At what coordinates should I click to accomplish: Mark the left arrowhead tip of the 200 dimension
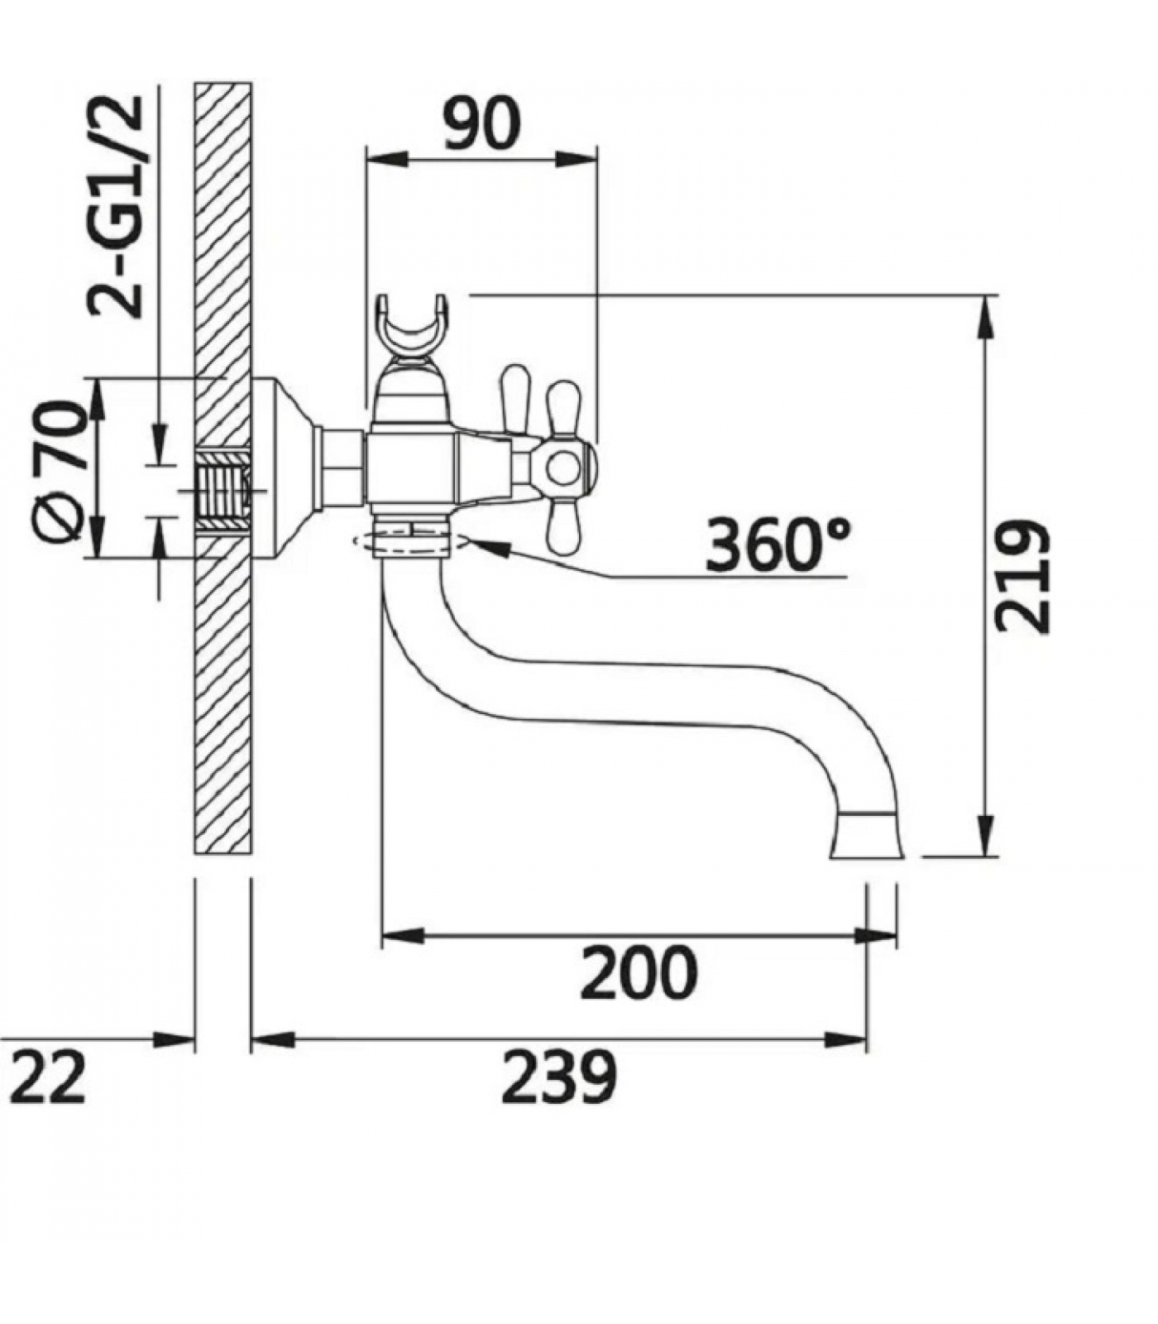pyautogui.click(x=382, y=936)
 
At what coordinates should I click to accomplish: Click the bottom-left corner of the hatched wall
pyautogui.click(x=195, y=853)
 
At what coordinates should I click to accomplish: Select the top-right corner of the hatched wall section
pyautogui.click(x=251, y=83)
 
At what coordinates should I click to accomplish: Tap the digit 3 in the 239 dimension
pyautogui.click(x=559, y=1076)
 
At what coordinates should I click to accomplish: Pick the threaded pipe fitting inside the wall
pyautogui.click(x=223, y=492)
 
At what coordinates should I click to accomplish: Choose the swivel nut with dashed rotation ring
pyautogui.click(x=410, y=538)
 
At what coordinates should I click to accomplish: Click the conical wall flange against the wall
pyautogui.click(x=281, y=469)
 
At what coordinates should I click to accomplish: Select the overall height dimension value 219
pyautogui.click(x=1022, y=576)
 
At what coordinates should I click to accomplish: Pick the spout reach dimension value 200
pyautogui.click(x=639, y=972)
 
